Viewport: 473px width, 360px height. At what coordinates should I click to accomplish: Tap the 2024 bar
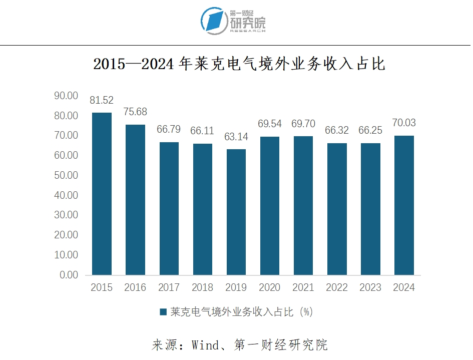click(404, 205)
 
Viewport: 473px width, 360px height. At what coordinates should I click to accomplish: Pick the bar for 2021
click(303, 205)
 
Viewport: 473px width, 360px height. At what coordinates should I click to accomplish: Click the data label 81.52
click(102, 101)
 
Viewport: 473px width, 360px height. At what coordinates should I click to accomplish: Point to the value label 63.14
click(236, 137)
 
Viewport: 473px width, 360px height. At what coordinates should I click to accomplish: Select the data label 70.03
click(404, 123)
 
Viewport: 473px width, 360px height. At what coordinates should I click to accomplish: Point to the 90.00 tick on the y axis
click(66, 96)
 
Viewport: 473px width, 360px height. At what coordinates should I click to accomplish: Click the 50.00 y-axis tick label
click(66, 175)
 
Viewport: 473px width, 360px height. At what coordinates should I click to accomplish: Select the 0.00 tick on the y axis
click(69, 275)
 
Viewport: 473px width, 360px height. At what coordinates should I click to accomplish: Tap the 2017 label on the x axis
click(169, 288)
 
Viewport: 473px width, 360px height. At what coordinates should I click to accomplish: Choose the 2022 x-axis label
click(337, 288)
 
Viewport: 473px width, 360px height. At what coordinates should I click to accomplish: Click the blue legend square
click(163, 312)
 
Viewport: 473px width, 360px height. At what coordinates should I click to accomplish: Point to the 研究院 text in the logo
click(248, 23)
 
